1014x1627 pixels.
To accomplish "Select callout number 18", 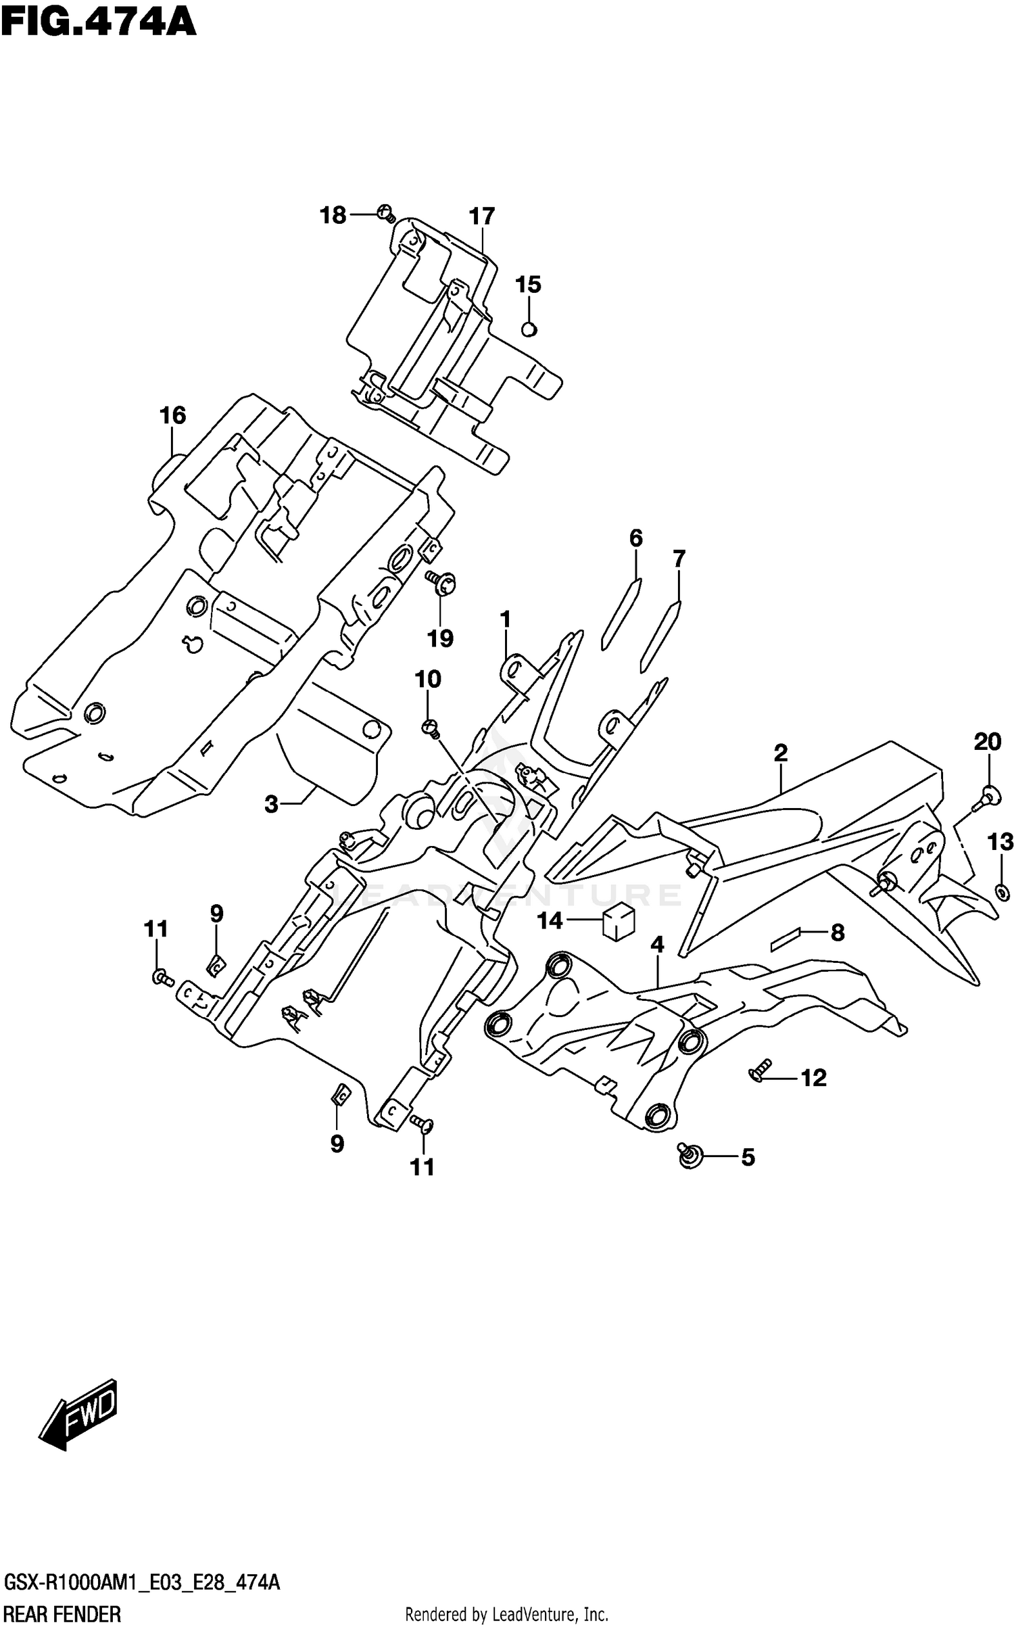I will pos(333,216).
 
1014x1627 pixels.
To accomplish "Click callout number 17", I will pos(482,216).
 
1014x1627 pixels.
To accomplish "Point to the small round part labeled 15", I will pos(529,329).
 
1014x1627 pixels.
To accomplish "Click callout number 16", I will pos(172,415).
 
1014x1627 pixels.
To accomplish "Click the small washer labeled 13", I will pos(1000,893).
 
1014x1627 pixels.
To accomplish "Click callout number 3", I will pos(271,805).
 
